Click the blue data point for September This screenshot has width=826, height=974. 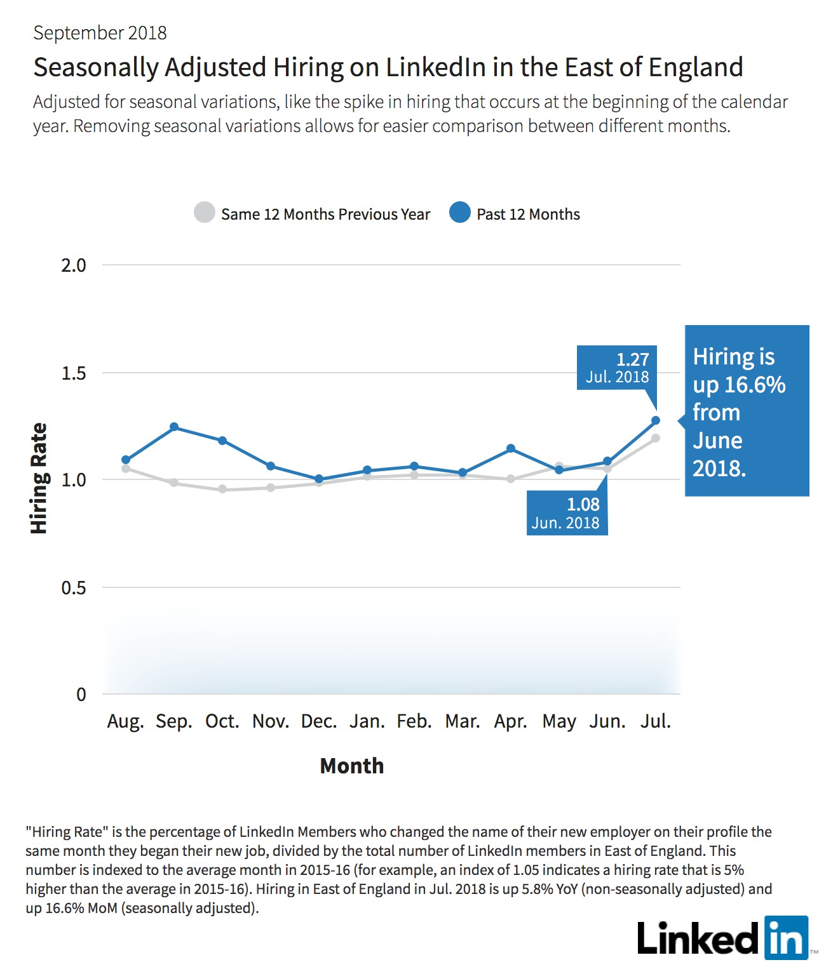174,427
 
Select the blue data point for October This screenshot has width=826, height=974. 222,440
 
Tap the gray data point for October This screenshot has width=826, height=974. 222,489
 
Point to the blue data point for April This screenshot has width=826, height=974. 511,448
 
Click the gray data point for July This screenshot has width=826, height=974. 655,437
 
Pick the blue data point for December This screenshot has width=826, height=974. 319,479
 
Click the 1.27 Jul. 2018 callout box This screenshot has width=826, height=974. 617,368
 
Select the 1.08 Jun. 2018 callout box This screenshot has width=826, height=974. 567,512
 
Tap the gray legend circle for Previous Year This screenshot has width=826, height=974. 205,213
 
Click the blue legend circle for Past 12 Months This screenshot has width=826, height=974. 459,213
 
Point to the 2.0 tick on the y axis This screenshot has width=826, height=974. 74,265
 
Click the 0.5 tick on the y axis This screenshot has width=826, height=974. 74,587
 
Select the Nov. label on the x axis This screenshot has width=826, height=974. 271,721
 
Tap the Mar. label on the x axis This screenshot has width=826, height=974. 463,721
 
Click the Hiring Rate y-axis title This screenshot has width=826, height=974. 39,478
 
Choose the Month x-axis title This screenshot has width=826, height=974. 352,766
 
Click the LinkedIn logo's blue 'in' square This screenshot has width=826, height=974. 787,938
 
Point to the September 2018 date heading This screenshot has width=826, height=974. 100,33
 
